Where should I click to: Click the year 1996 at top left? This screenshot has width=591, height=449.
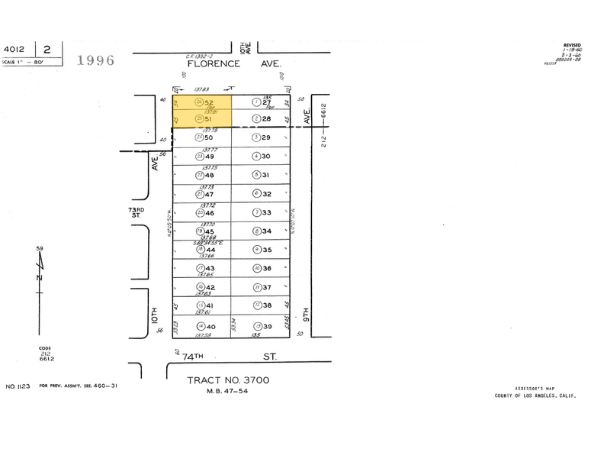96,60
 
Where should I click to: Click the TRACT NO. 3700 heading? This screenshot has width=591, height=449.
228,380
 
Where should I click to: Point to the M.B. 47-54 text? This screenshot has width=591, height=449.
227,392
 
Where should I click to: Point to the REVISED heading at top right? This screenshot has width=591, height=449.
572,46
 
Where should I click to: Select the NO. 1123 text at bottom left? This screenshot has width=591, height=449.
18,386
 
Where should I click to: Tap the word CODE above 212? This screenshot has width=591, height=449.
45,348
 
